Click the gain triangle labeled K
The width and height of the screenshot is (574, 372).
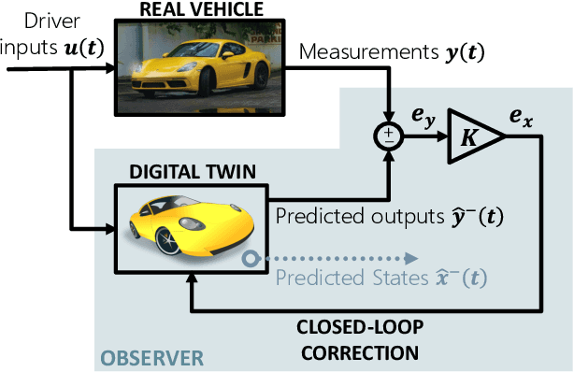point(473,137)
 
